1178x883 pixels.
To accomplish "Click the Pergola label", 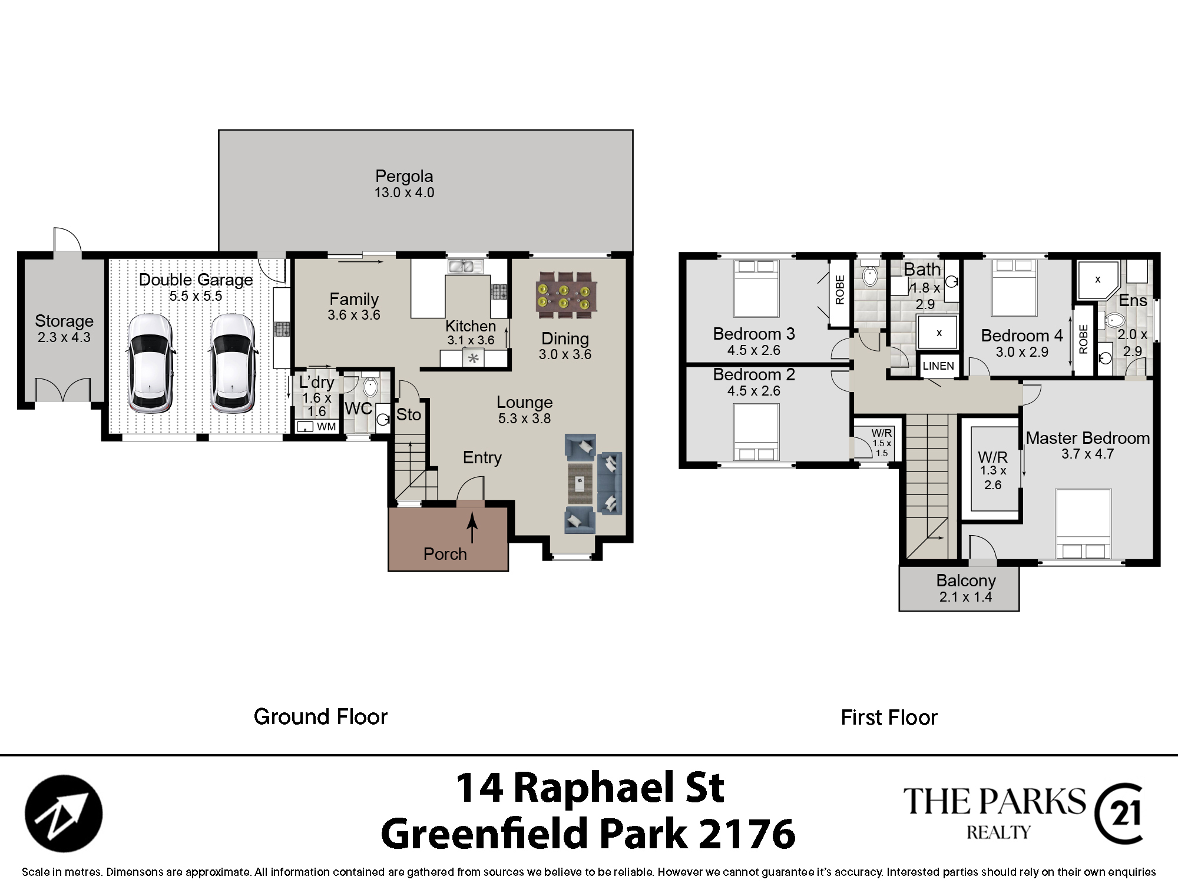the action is coord(404,176).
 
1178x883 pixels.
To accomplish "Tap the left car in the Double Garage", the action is coord(150,363).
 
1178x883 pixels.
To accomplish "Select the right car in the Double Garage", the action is coord(233,363).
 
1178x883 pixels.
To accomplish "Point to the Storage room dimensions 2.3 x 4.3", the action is coord(64,337).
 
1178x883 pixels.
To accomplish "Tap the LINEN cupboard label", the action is coord(938,366).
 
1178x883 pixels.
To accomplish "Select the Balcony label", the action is coord(966,580).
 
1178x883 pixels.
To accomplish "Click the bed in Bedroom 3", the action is coord(756,288).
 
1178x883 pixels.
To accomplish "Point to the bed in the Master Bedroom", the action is coord(1083,523).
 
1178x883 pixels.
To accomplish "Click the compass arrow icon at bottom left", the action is coord(64,814).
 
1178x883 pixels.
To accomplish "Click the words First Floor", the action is coord(889,718).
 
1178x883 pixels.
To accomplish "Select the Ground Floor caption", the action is coord(320,716).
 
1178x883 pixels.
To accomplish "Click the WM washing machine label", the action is coord(326,427).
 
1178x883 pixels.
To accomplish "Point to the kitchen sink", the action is coord(465,267).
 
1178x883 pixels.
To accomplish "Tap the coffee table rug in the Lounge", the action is coord(580,483).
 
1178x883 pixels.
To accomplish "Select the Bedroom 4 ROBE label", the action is coord(1083,339).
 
